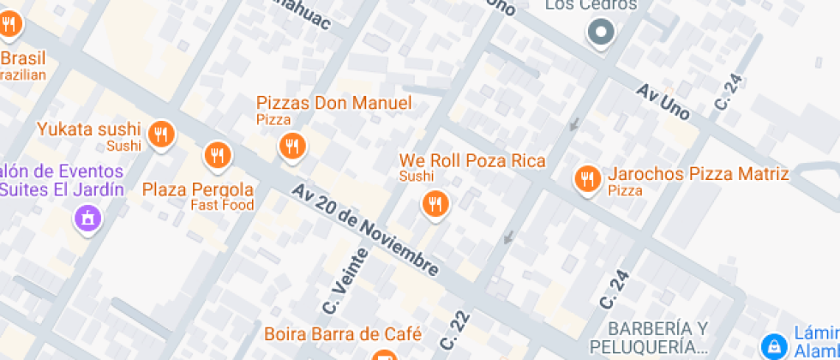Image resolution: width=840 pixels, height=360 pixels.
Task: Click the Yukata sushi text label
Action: (88, 129)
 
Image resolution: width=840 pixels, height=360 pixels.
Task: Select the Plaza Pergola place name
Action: (198, 189)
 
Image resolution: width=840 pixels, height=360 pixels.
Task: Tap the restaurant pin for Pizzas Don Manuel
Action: (292, 146)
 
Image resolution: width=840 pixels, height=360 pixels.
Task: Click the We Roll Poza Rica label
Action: (471, 161)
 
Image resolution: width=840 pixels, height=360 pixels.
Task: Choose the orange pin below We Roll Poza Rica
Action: (435, 203)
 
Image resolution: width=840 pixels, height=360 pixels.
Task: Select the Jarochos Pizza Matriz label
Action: (698, 174)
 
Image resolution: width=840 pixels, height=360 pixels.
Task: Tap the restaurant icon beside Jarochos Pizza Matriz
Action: (587, 179)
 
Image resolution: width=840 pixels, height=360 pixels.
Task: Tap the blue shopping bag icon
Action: (774, 346)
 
